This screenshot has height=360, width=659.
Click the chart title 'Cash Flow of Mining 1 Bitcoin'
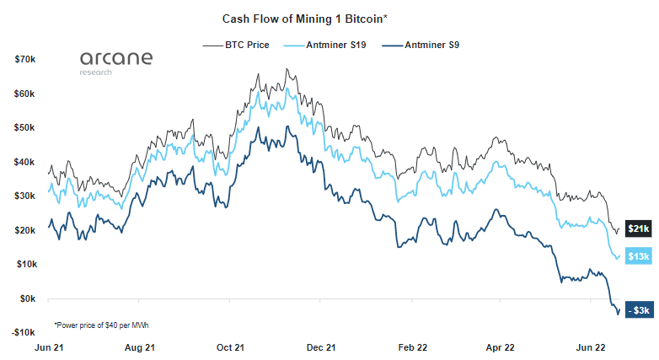(304, 17)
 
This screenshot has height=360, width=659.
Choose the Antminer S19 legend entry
(324, 45)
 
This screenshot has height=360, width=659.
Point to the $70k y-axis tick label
(24, 60)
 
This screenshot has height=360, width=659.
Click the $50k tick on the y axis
(24, 128)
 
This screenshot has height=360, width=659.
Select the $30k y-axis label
(24, 196)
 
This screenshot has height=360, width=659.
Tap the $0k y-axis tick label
(27, 298)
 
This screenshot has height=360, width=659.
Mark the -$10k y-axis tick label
(23, 332)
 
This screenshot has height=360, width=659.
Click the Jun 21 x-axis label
(47, 347)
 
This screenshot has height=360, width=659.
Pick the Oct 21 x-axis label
(230, 347)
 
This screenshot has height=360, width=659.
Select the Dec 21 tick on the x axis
(321, 347)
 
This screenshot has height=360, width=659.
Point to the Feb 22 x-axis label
(413, 347)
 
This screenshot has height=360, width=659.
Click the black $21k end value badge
(638, 228)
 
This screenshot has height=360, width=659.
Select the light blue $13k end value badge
(638, 256)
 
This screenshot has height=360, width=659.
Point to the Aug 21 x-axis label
(139, 347)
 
